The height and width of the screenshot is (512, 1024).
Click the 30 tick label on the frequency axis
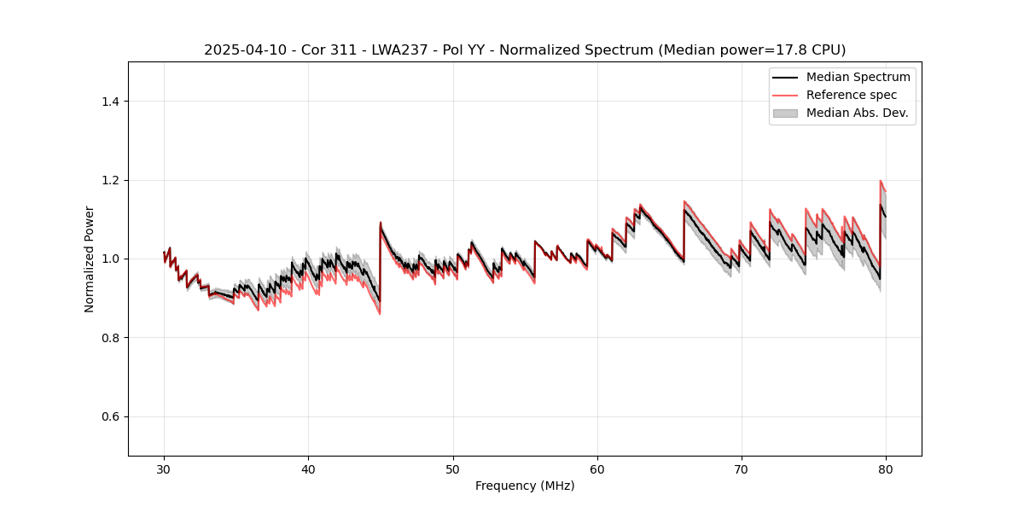[x=164, y=468]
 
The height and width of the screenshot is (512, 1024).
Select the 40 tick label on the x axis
[x=308, y=468]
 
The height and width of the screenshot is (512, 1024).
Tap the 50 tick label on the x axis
[x=453, y=468]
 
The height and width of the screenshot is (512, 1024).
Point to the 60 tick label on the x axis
[x=597, y=468]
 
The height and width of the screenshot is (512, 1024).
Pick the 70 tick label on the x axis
[x=742, y=468]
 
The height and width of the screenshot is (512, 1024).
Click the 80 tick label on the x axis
[x=886, y=468]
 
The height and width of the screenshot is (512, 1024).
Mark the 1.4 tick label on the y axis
[x=110, y=102]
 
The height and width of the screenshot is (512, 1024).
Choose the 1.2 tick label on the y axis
[x=110, y=180]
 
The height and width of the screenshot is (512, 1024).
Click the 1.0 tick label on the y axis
[x=110, y=259]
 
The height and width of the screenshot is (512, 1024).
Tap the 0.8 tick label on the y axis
[x=110, y=338]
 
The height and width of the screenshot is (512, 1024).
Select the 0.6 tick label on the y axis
[x=110, y=416]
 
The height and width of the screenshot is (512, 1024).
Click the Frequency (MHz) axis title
[x=525, y=486]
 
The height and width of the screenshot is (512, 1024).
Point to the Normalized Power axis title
[x=90, y=259]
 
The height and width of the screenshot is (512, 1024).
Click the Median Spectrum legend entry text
[x=858, y=77]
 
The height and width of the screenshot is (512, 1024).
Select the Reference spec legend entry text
[x=852, y=95]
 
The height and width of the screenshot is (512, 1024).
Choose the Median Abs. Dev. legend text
[x=858, y=113]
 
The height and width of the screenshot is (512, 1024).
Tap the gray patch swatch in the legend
[x=785, y=113]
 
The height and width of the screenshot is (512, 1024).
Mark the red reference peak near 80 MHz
[x=881, y=181]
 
